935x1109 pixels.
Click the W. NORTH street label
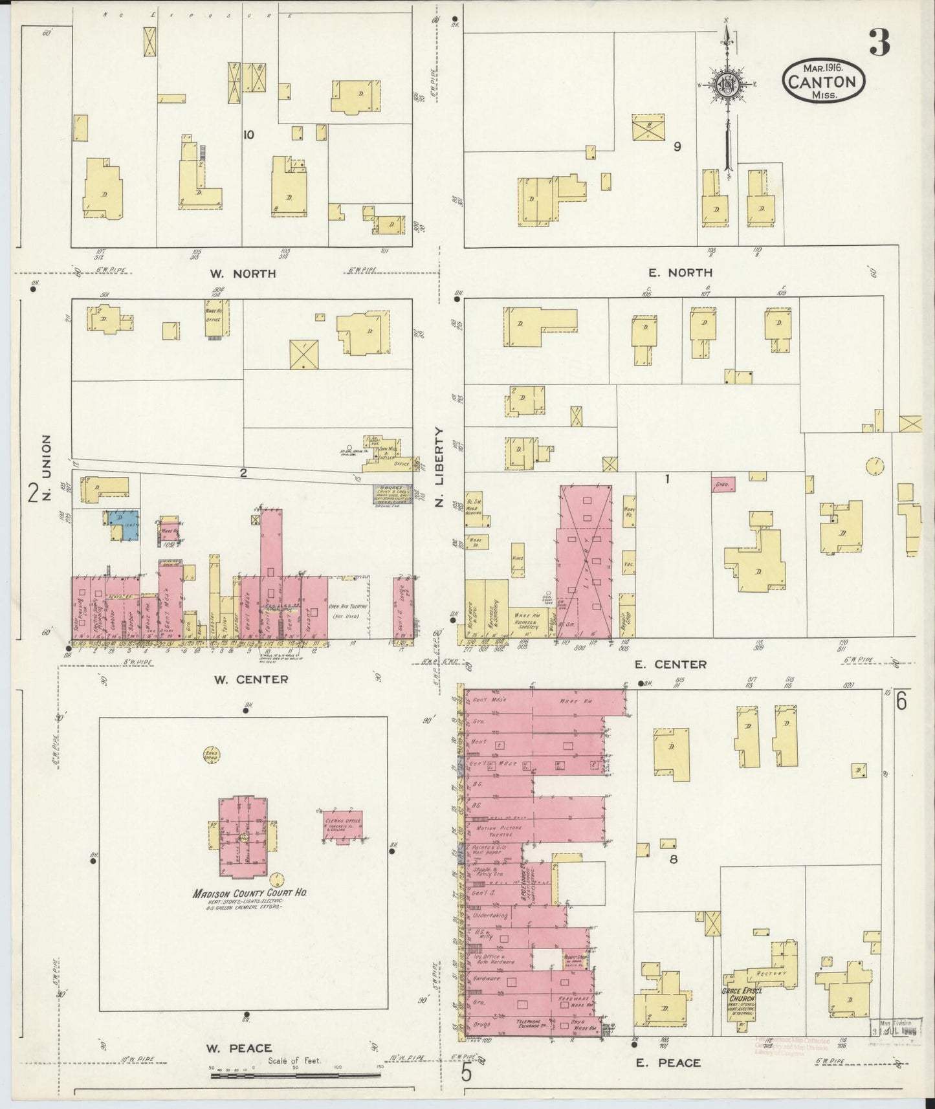243,274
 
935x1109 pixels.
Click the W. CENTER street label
250,679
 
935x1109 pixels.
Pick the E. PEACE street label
668,1062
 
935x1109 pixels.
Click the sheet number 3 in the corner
879,43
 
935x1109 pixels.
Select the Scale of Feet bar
294,1076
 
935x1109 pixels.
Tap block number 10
248,135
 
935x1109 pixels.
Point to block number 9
677,146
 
